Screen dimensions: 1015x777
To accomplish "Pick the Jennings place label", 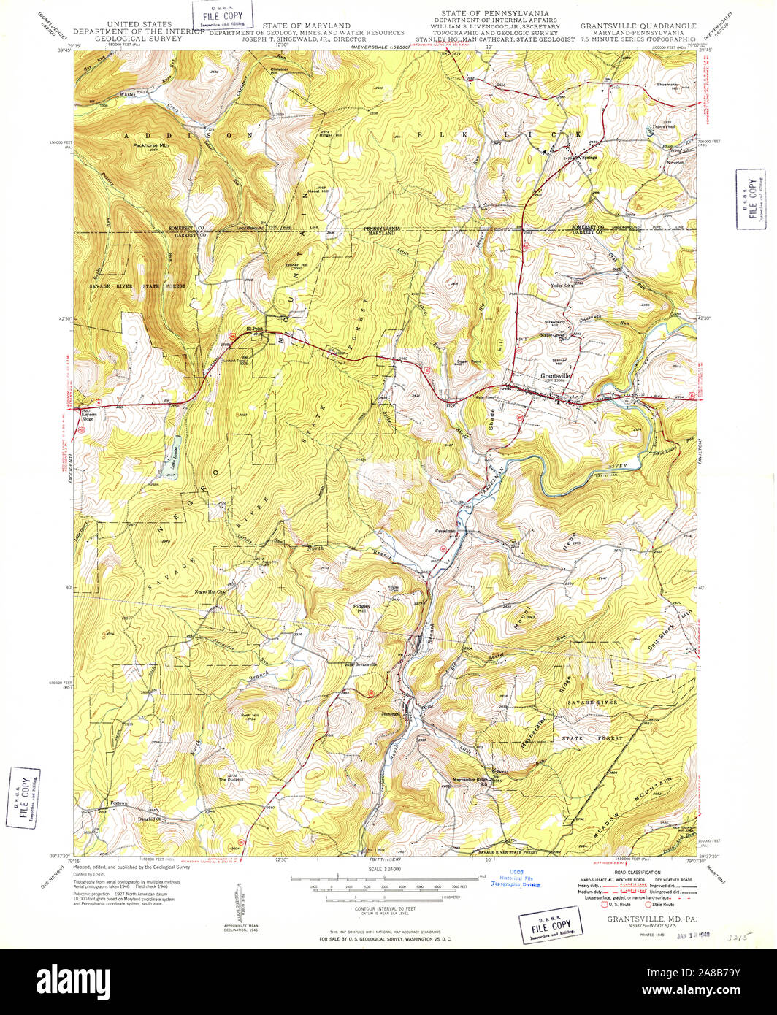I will click(391, 713).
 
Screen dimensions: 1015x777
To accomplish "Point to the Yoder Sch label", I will click(564, 286).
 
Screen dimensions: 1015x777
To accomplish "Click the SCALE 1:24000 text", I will click(388, 868).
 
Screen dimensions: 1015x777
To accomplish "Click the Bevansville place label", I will click(362, 664).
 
